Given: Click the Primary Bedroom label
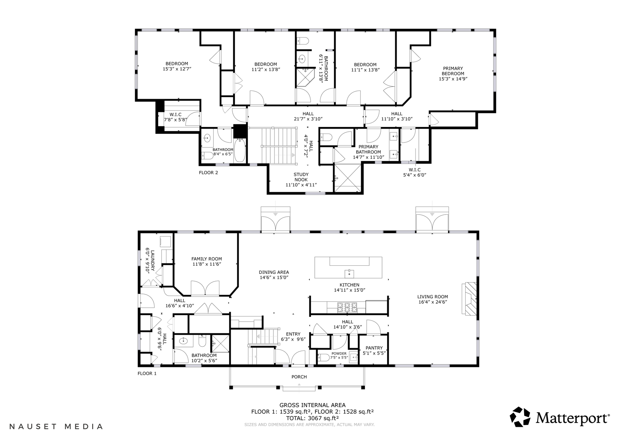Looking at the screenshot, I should coord(453,71).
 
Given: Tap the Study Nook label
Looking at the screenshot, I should coord(301,177).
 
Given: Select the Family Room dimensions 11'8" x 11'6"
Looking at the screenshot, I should coord(206,264).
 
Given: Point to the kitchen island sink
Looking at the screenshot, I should coord(349,274).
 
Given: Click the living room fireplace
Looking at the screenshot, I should coord(470,298).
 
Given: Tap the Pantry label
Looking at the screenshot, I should coord(374,348).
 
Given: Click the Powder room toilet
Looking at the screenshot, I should coord(323,358).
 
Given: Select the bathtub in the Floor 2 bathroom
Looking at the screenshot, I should coord(240,151).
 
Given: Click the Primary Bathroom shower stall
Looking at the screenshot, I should coord(348,178).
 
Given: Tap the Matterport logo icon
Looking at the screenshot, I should coord(520,417).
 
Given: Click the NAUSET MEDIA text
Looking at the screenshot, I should coord(56,427).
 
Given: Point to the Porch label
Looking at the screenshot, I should coord(299,377).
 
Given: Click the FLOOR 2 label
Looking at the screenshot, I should coord(208,173).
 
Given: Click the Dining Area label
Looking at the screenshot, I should coord(274,272).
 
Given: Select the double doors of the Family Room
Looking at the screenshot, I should coord(205,288).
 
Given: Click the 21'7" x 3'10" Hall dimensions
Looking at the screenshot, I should coord(308,119).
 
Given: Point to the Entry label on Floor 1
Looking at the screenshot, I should coord(293,334).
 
